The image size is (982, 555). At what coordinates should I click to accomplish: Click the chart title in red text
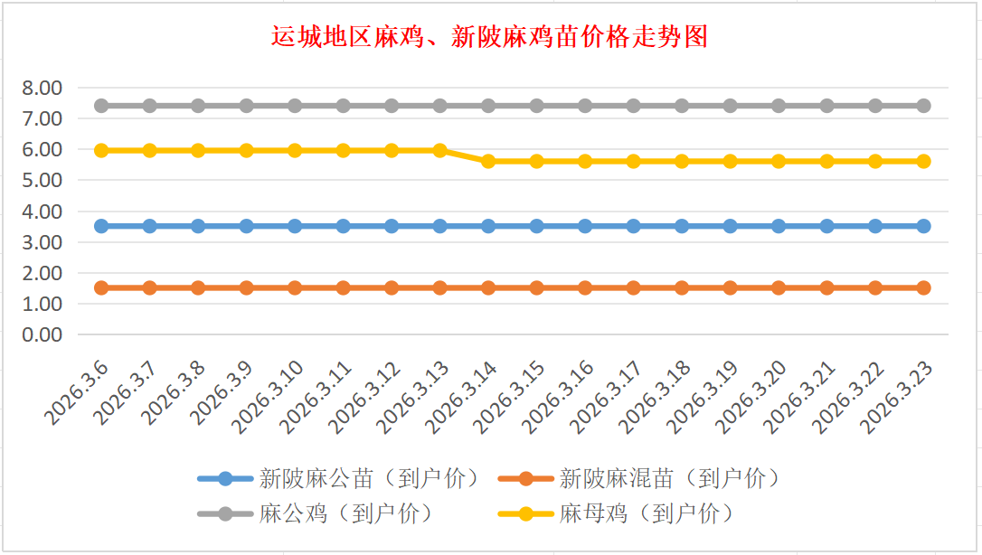coord(490,37)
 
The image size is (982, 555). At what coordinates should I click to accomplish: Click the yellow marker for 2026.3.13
coord(440,150)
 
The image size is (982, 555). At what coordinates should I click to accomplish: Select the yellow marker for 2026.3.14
coord(488,161)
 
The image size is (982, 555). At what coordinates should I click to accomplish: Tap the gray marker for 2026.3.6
coord(101,106)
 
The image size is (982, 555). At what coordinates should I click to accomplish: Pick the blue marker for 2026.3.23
coord(923,226)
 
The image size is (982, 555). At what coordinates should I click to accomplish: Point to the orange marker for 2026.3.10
coord(295,287)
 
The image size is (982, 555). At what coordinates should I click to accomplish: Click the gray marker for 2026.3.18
coord(682,106)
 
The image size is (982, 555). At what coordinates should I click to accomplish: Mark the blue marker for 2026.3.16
coord(585,226)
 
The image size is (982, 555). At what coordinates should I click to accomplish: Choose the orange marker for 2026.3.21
coord(826,287)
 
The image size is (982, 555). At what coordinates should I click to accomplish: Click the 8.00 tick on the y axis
coord(42,88)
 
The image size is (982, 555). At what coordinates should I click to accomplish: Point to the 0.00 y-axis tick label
coord(42,334)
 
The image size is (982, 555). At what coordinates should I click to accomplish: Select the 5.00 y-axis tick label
coord(42,180)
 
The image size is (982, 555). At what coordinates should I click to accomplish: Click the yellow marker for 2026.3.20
coord(779,161)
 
